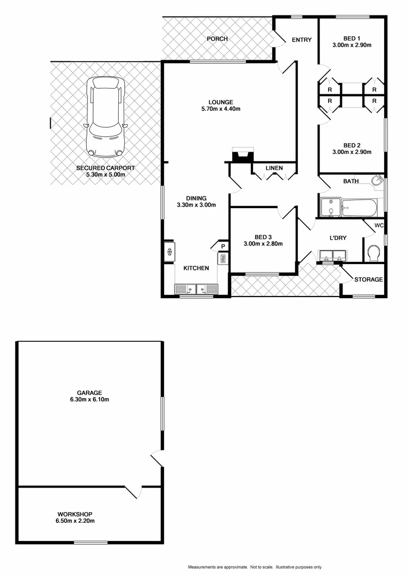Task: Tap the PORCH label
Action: [x=217, y=39]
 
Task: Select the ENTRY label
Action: [x=302, y=40]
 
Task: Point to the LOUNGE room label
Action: [x=221, y=102]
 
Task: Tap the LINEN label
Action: [x=274, y=168]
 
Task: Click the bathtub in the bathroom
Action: [x=360, y=208]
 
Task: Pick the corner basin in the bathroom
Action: [x=377, y=182]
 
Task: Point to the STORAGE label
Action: [x=368, y=280]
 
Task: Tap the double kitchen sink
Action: [x=196, y=289]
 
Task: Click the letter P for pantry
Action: [x=223, y=246]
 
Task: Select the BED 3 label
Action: [x=263, y=237]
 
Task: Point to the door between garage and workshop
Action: [x=133, y=491]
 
